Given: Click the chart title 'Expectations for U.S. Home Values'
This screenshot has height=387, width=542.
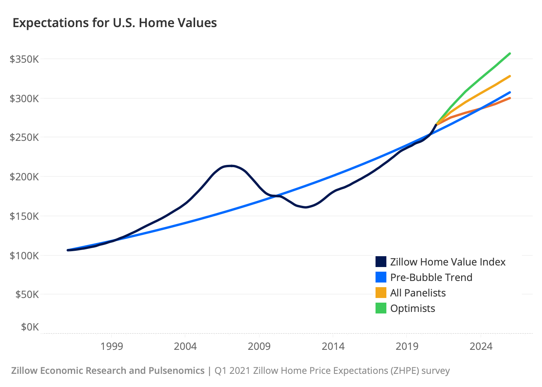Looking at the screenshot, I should (115, 23).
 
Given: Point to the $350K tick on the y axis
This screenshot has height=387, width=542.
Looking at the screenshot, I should (24, 59).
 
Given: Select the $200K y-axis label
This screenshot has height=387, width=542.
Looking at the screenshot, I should (24, 177).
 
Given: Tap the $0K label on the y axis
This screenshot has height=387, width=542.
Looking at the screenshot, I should (30, 327).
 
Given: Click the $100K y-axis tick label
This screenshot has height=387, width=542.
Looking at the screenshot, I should (24, 255).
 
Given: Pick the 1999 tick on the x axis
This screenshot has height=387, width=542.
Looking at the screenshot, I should (111, 346).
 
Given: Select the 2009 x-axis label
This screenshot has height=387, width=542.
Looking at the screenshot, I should (259, 346).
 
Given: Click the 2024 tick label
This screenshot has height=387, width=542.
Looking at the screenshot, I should (481, 346).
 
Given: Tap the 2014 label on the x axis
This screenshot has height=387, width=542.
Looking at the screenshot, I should (333, 346).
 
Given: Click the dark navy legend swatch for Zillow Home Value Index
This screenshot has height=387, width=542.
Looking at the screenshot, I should (381, 262).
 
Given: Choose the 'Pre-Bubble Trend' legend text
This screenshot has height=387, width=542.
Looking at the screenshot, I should (431, 277).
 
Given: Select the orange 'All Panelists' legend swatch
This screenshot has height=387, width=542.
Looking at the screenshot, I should (381, 293).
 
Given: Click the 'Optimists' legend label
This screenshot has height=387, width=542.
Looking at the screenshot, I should (413, 308).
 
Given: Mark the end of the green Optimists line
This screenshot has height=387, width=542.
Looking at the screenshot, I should (510, 53).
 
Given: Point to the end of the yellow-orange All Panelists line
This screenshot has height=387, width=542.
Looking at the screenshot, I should (510, 76).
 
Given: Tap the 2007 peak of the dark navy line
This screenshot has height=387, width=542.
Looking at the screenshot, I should (231, 166).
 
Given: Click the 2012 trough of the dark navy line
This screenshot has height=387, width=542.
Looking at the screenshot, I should (306, 207).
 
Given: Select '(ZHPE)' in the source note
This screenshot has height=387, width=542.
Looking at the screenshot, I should (403, 371).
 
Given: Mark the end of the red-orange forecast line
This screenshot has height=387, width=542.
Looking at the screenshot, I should (510, 98).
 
